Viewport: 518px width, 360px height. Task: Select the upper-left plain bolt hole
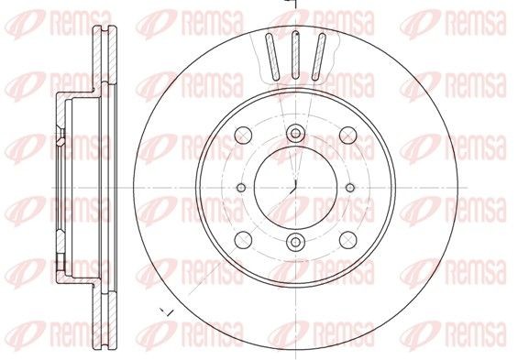pos(243,135)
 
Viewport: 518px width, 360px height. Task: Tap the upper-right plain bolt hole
pos(347,135)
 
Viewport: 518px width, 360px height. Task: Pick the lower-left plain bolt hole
pos(243,240)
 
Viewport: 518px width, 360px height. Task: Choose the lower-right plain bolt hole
pos(347,240)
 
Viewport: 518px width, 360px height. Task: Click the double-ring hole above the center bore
pos(295,134)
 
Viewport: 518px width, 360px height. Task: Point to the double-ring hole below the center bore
pos(295,242)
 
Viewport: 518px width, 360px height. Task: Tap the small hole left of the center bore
pos(241,188)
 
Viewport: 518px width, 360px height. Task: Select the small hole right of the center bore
pos(350,188)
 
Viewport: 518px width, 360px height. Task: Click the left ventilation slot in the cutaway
pos(272,57)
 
